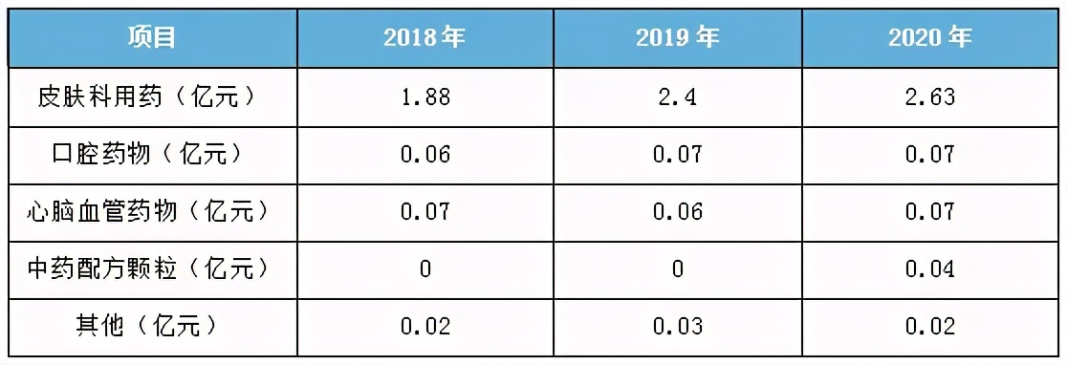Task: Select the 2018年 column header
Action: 425,38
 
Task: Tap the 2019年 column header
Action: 678,38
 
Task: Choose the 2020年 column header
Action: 929,38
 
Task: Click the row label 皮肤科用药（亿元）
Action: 149,97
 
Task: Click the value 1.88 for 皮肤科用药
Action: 425,97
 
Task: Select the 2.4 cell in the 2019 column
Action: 678,97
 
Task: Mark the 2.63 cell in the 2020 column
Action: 929,97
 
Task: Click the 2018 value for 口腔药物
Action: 425,154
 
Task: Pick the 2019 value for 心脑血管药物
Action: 678,211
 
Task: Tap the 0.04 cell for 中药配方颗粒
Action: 929,268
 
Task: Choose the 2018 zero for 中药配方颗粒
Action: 425,268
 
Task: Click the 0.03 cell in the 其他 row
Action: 678,326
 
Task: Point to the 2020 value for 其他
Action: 929,326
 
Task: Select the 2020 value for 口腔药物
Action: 929,154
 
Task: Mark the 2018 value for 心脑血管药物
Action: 425,211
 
